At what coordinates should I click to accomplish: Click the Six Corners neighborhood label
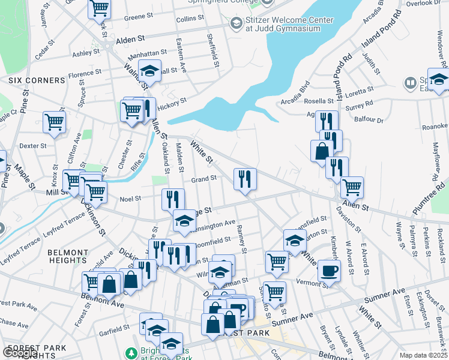[37, 80]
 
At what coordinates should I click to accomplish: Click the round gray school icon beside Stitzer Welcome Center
[236, 23]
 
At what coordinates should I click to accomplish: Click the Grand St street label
[203, 178]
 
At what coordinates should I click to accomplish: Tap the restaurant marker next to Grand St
[245, 179]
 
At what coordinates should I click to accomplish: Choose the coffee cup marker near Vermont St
[328, 270]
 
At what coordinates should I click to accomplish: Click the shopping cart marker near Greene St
[99, 8]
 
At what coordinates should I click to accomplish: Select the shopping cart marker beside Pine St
[54, 122]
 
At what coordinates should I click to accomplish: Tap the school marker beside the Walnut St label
[149, 71]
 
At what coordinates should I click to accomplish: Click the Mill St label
[55, 192]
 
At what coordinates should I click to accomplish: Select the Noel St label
[130, 199]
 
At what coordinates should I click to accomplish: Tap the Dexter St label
[32, 146]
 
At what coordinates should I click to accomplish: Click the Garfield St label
[115, 329]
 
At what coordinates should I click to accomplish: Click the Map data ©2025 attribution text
[423, 355]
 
